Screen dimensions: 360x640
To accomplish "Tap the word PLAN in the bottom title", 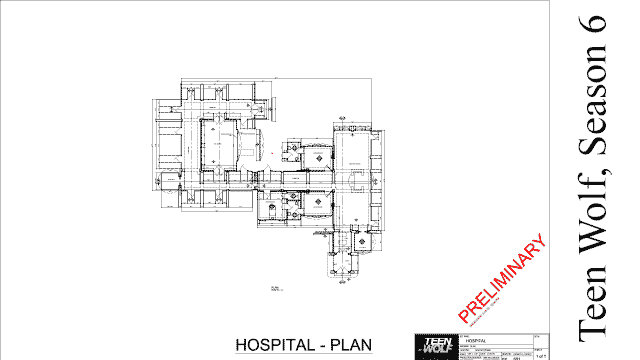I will [x=350, y=346].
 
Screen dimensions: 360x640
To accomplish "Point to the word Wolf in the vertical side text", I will [x=596, y=224].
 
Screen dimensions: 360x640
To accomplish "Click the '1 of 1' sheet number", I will [x=542, y=353].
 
